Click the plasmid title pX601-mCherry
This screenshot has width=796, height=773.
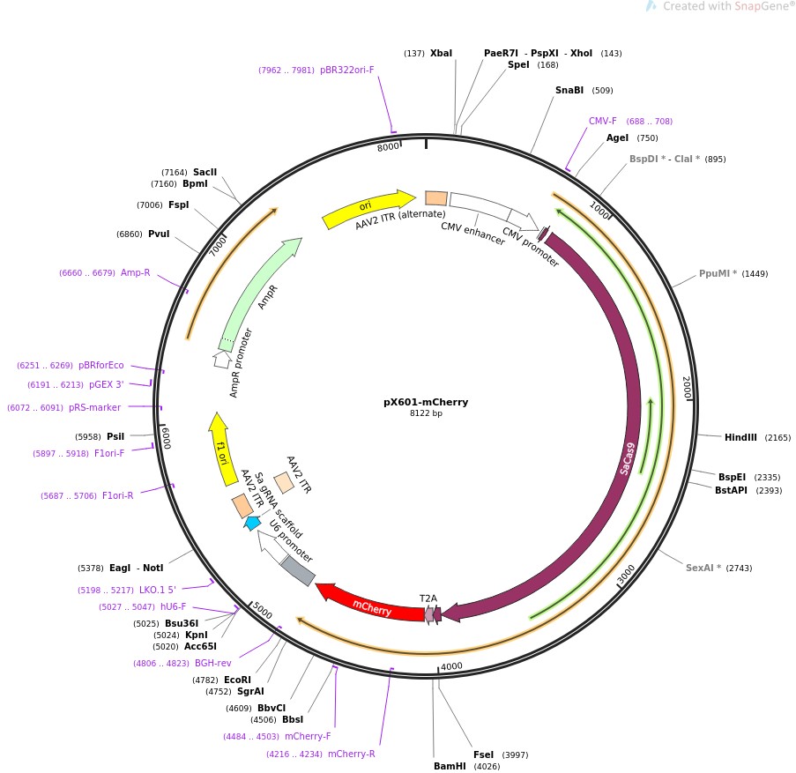tap(426, 402)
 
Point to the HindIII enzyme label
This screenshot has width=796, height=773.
tap(740, 437)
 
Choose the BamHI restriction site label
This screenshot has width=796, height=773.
tap(449, 766)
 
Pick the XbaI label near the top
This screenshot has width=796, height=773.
tap(441, 53)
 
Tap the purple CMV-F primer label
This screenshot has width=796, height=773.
tap(603, 121)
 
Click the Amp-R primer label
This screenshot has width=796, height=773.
tap(135, 272)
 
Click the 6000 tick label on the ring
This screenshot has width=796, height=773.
tap(165, 435)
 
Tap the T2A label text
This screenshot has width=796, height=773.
tap(428, 598)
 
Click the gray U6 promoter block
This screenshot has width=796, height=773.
tap(297, 570)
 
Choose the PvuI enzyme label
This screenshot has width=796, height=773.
tap(159, 234)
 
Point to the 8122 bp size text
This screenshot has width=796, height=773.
tap(426, 413)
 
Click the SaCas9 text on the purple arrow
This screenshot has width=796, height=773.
tap(627, 458)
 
